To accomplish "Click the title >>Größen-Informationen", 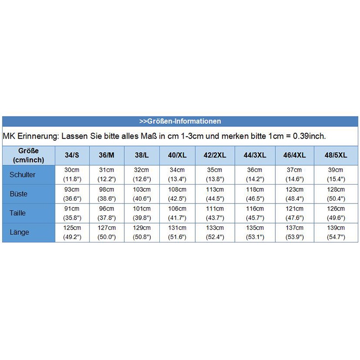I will [x=180, y=121].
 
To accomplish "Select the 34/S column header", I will [x=72, y=155].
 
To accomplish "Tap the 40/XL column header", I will [x=177, y=155].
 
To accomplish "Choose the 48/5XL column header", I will [x=336, y=155].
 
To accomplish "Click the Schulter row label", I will [x=22, y=174].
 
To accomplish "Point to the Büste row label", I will [x=18, y=194].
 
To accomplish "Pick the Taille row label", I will [x=18, y=213].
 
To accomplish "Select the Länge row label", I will [x=19, y=232].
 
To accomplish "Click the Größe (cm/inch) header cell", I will [x=29, y=155].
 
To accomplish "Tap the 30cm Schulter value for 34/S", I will [x=72, y=174].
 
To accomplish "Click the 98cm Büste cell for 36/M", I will [x=107, y=193].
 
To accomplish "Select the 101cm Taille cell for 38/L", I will [x=142, y=213].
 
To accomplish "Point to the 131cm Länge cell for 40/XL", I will [x=177, y=232].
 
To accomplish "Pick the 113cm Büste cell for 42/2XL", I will [x=215, y=193].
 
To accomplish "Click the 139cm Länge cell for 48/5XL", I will [x=336, y=232].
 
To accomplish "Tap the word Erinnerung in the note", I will [x=36, y=136].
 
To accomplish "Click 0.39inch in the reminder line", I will [x=309, y=136].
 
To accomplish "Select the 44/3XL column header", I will [x=254, y=155].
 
